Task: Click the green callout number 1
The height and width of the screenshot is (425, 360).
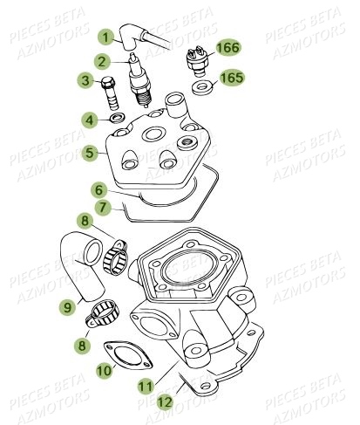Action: coord(105,38)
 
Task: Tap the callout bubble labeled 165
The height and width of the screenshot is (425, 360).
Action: coord(231,78)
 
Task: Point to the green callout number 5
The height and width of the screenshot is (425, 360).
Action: coord(92,150)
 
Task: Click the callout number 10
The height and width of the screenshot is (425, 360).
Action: coord(103,371)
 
